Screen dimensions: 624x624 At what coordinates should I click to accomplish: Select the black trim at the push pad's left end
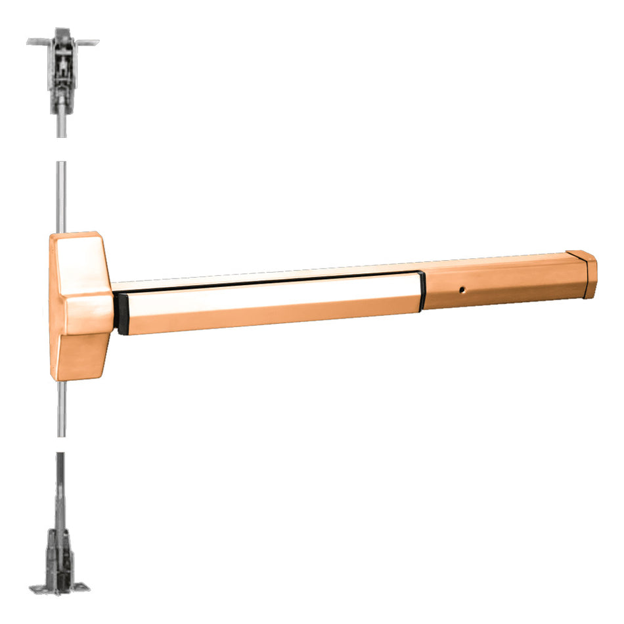click(x=122, y=314)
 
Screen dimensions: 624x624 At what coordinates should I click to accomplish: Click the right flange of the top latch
click(x=87, y=43)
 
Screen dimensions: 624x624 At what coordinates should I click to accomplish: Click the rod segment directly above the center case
click(x=61, y=197)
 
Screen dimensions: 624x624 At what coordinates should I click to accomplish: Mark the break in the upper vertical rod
click(x=61, y=149)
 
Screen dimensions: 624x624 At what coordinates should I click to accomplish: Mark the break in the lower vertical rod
click(x=61, y=444)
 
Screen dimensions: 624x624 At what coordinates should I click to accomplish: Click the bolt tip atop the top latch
click(x=62, y=31)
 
